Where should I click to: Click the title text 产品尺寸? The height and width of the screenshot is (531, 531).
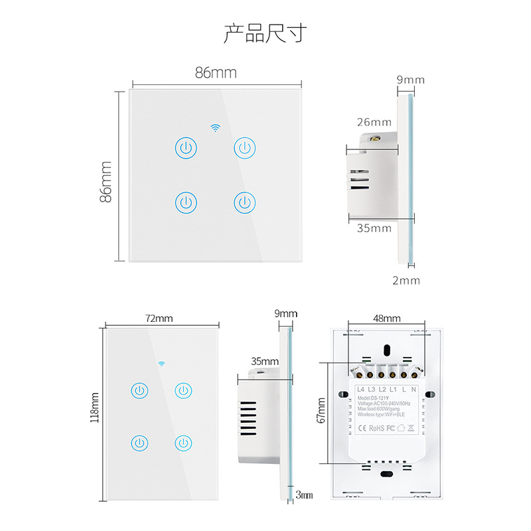[265, 33]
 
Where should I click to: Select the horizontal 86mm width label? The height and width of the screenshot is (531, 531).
[216, 73]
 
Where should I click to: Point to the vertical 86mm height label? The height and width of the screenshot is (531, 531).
[106, 181]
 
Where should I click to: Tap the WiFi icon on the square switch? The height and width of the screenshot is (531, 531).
[216, 126]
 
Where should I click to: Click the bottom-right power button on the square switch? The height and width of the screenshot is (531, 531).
[245, 201]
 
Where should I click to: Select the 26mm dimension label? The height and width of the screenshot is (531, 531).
[374, 122]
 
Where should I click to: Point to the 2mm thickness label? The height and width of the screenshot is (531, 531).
[406, 280]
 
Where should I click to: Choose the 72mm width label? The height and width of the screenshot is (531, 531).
[159, 319]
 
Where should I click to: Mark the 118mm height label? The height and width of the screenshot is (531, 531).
[95, 408]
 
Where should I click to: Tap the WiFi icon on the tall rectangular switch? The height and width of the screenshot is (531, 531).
[161, 363]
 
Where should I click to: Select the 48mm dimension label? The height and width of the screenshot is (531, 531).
[386, 319]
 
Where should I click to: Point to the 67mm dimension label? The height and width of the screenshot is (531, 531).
[322, 410]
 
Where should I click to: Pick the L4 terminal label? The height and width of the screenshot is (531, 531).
[361, 388]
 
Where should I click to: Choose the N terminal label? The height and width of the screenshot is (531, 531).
[414, 388]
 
